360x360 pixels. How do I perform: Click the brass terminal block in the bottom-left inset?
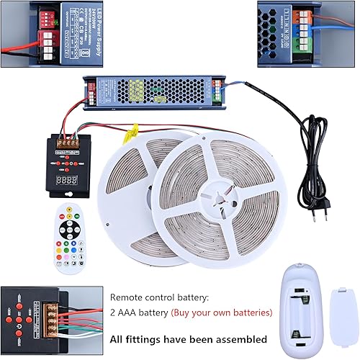coord(54,316)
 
